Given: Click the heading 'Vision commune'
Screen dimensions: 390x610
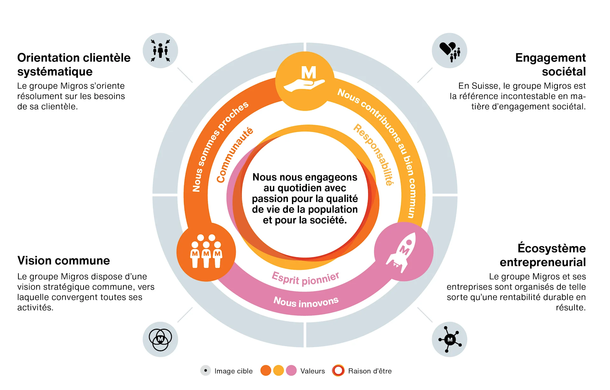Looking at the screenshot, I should coord(64,261).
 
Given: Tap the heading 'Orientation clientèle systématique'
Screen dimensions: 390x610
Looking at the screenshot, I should coord(74,65).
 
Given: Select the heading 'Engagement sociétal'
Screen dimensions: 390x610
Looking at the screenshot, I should coord(550,65).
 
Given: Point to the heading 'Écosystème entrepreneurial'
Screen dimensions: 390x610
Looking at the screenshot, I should coord(543,255).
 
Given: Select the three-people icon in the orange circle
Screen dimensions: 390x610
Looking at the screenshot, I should coord(206,252).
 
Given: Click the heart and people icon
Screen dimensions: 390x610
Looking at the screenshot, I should coord(449,51).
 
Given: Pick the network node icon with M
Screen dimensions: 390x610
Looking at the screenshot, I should coord(449,339).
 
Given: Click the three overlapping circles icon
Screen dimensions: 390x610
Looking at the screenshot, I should coord(160,339).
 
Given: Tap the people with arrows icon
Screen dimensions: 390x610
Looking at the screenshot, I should coord(160,51).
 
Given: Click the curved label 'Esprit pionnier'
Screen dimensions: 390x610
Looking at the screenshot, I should coord(306,279).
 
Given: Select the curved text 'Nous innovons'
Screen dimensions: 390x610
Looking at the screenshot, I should coord(306,302).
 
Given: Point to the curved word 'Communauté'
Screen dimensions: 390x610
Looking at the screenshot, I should coord(234,155).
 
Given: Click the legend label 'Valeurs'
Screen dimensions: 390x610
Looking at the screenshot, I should coord(313,371).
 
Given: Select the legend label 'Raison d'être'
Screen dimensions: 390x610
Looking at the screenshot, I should coord(370,371).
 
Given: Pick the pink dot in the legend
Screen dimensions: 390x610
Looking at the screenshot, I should coord(291,370).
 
